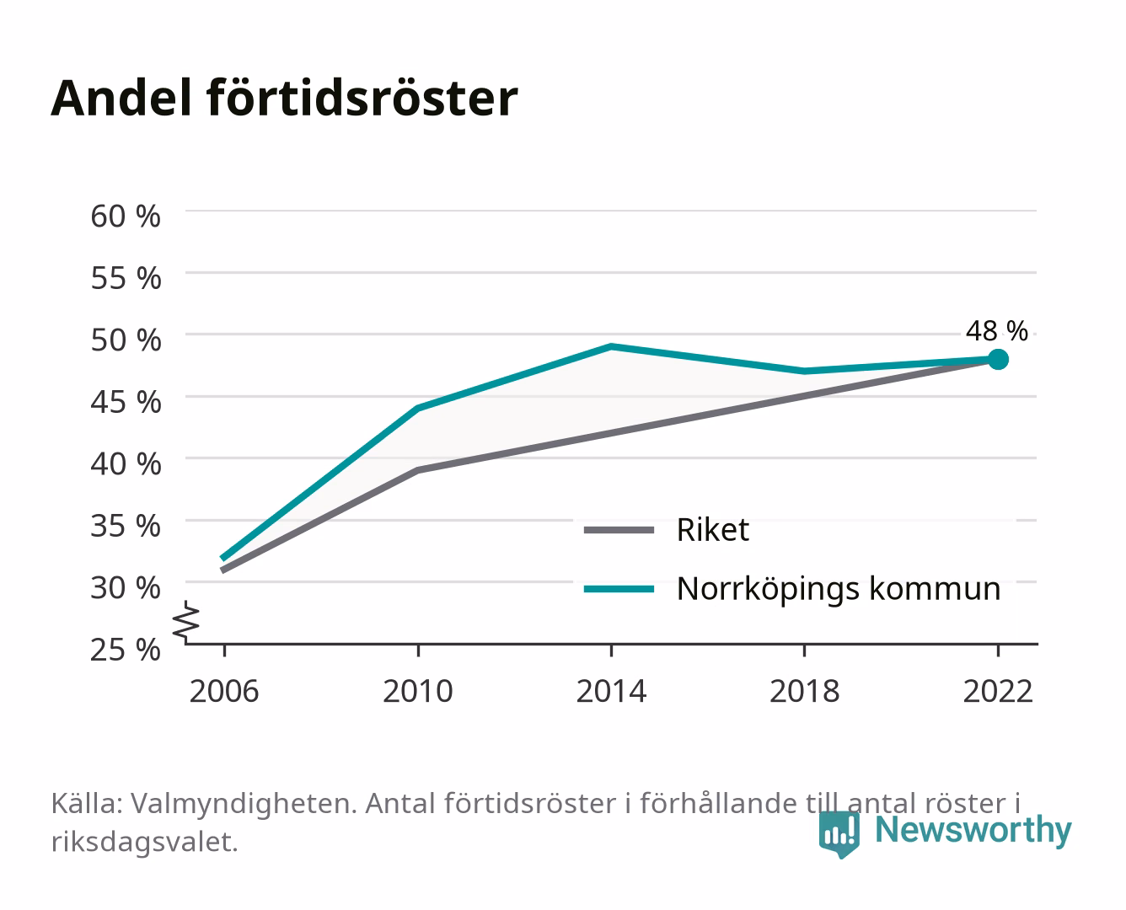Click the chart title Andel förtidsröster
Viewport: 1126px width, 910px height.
click(x=284, y=99)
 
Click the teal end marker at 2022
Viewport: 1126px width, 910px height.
click(x=998, y=360)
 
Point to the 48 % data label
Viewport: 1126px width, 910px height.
click(x=996, y=331)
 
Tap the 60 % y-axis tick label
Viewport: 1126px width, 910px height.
click(x=126, y=217)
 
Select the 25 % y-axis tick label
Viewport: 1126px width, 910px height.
click(x=126, y=650)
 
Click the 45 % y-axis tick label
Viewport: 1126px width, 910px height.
click(x=126, y=402)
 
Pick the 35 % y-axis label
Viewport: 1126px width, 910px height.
click(x=126, y=526)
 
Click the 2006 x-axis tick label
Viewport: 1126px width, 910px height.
click(x=224, y=691)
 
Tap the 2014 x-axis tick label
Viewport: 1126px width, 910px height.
click(x=611, y=691)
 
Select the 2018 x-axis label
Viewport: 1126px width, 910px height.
click(x=805, y=691)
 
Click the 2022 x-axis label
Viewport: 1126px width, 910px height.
click(x=998, y=691)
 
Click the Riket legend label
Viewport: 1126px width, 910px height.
click(x=713, y=529)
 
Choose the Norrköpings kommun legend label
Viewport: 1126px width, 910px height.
click(x=839, y=589)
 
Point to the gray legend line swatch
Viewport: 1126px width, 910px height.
click(x=619, y=530)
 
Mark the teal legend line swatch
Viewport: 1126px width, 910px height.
click(x=619, y=589)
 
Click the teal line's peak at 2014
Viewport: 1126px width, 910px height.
click(x=611, y=346)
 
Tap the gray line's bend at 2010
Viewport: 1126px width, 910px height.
click(x=418, y=470)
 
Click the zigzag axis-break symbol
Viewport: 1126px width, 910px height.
click(x=186, y=622)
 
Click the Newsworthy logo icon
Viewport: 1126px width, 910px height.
click(x=839, y=834)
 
